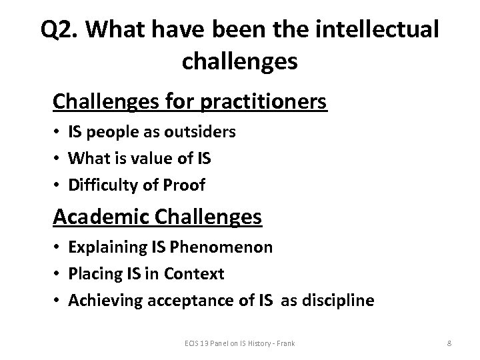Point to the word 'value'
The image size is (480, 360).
[158, 159]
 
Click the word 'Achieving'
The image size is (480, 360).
[103, 301]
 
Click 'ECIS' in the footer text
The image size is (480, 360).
[193, 343]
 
